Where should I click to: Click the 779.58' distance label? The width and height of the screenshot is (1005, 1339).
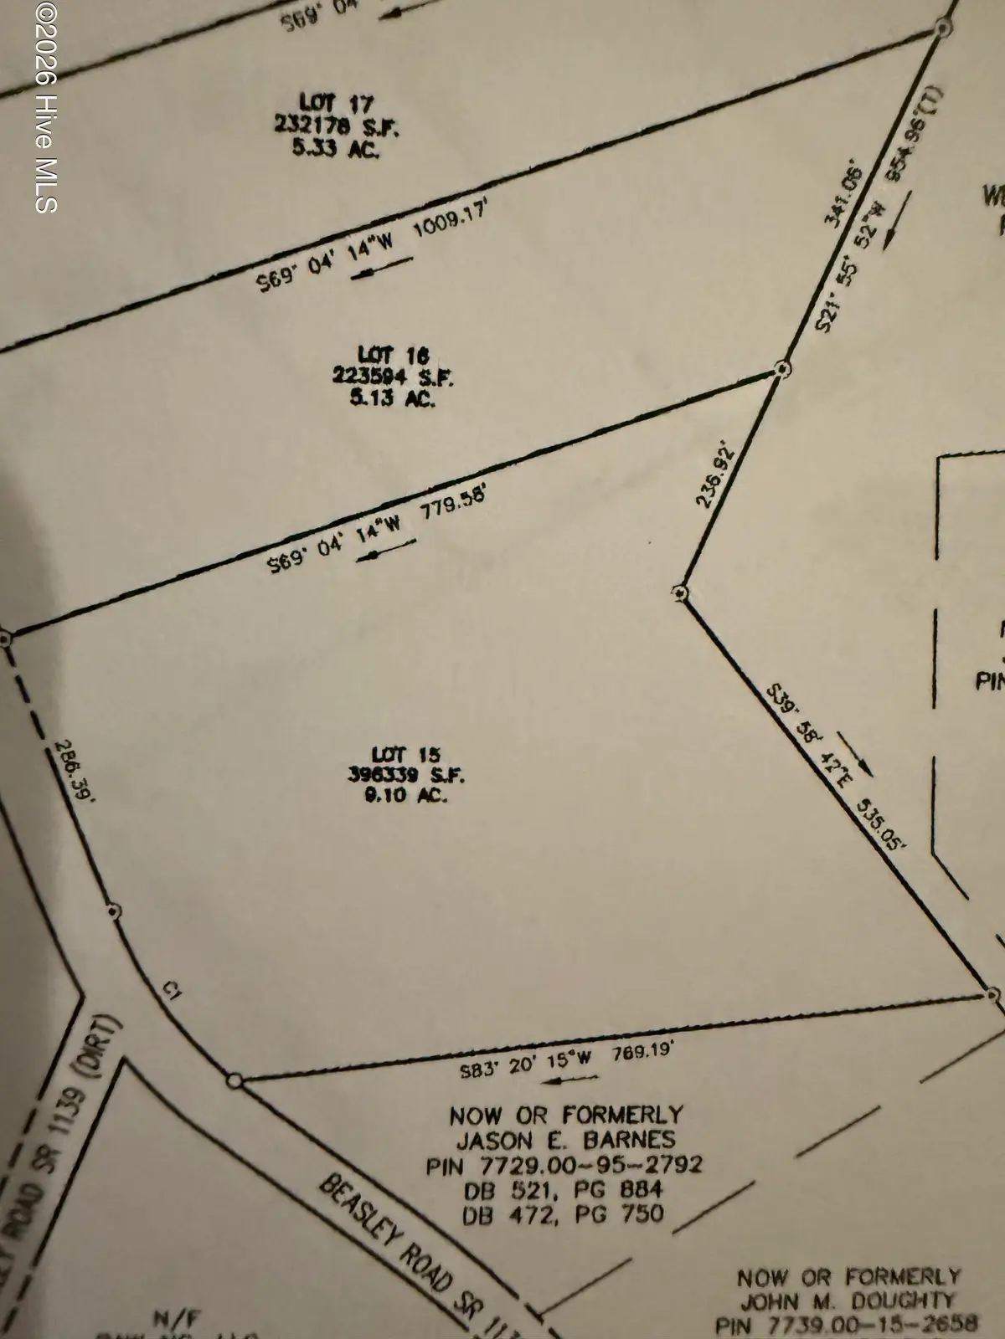pos(452,510)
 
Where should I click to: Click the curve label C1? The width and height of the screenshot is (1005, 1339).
pos(173,993)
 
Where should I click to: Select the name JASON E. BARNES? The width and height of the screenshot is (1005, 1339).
pos(565,1139)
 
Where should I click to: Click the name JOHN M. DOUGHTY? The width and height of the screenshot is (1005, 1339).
pos(847,1301)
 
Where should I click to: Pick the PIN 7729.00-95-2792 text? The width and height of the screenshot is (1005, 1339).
pos(564,1164)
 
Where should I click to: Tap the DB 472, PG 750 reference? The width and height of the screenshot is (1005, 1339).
pos(563,1213)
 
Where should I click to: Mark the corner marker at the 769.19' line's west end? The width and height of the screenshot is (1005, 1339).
pos(234,1081)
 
